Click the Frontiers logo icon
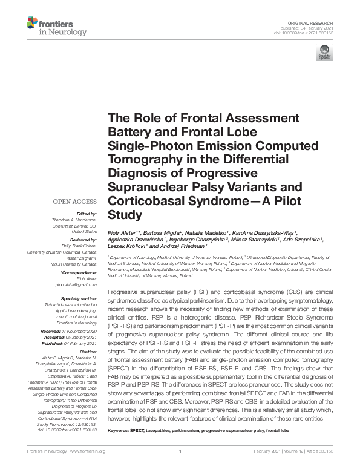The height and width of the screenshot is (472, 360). coord(31,24)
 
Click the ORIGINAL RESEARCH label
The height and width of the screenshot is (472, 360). coord(316,21)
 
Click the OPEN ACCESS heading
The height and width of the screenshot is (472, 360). coord(75,201)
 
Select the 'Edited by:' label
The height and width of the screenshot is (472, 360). coord(87,214)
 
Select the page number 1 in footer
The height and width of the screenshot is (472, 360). coord(180,468)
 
